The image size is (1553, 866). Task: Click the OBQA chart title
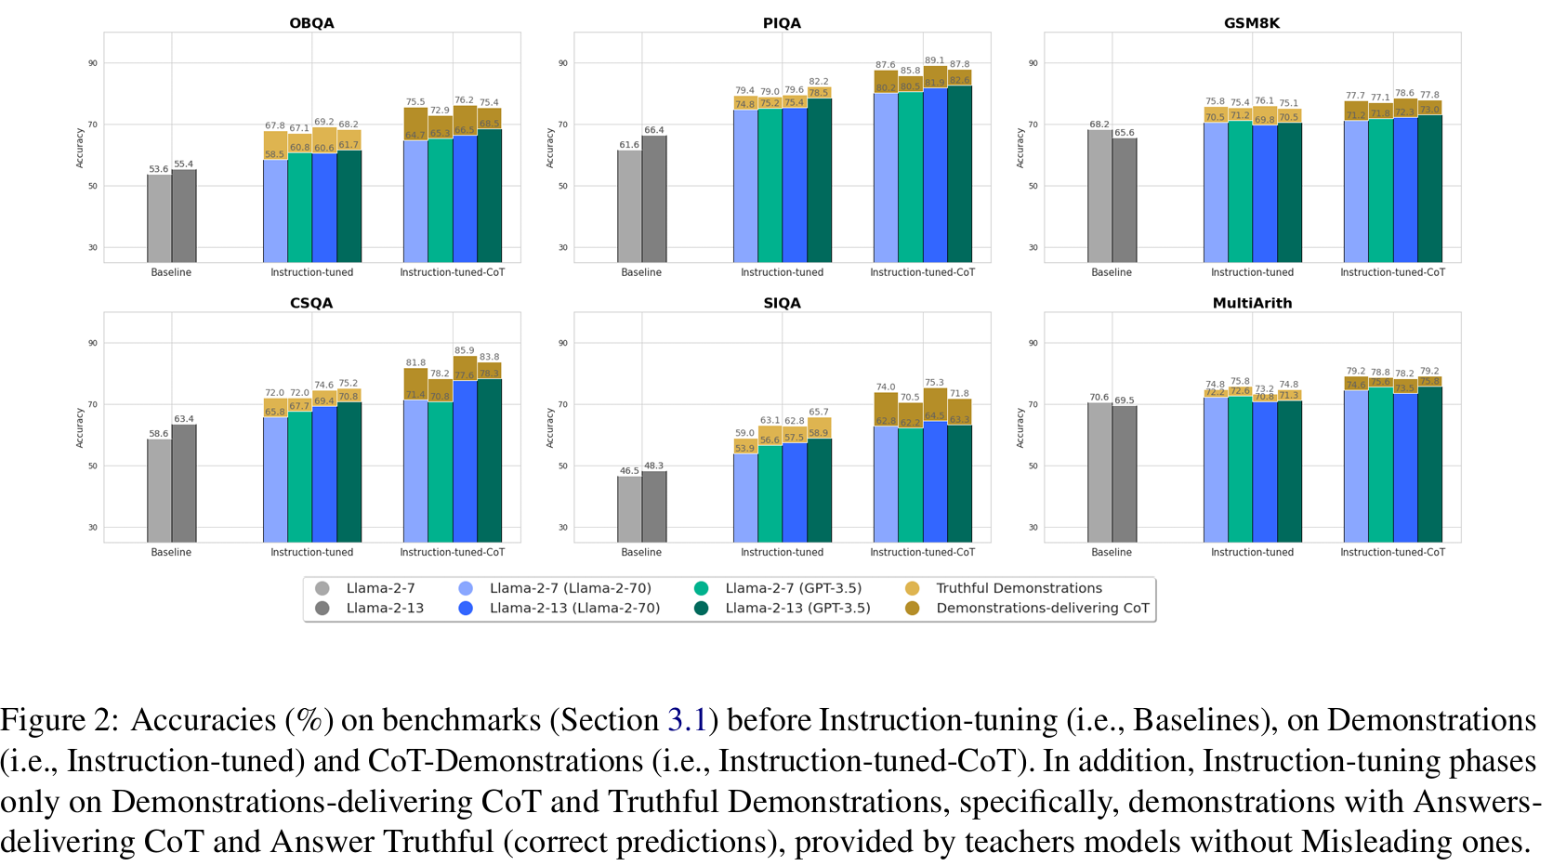311,22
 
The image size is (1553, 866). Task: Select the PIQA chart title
782,22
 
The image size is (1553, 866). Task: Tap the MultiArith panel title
1252,303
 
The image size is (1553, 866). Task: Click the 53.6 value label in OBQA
159,169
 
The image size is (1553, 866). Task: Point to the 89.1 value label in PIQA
935,60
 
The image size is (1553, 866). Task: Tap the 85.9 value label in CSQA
465,350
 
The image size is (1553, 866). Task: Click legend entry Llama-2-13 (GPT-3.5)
797,608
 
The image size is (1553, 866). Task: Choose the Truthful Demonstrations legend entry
1019,588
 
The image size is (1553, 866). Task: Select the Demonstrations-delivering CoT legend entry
1042,608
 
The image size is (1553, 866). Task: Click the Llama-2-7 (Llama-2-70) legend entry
570,588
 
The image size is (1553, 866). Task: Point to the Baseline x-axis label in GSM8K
1112,272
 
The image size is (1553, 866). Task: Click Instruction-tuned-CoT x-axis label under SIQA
922,552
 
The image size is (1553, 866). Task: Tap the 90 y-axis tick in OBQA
93,63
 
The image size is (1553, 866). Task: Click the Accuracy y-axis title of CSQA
80,426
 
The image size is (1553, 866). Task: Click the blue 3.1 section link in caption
687,720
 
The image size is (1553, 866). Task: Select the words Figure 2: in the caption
59,720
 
